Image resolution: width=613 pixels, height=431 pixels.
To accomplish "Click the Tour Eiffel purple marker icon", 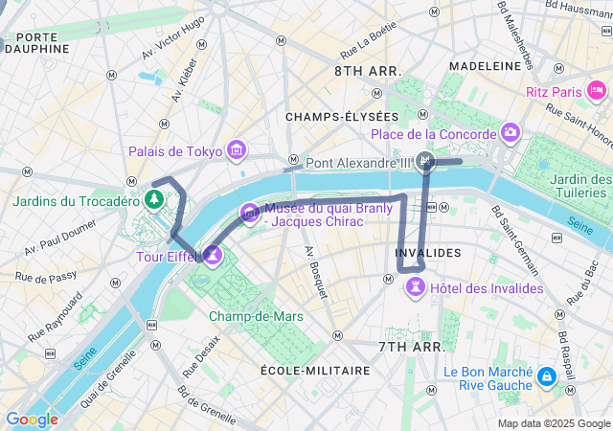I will tap(212, 255).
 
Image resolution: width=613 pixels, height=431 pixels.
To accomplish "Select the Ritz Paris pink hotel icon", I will tap(597, 91).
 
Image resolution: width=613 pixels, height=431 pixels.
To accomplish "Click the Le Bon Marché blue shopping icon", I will tap(546, 376).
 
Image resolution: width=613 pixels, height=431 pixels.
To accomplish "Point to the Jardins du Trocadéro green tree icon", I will tap(152, 198).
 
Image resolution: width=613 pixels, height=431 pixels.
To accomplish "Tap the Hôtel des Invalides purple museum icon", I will tap(416, 288).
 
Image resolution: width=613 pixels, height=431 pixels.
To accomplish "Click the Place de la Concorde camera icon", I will tap(510, 133).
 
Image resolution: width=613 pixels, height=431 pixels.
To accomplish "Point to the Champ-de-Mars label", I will tap(256, 316).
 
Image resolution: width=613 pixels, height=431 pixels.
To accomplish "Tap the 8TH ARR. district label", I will tap(367, 72).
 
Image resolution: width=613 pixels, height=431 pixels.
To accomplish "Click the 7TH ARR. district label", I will tap(411, 346).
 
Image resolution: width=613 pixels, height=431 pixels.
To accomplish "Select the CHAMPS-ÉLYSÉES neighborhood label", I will tap(335, 116).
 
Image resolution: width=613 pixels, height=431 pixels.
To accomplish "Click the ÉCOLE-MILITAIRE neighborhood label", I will tap(315, 370).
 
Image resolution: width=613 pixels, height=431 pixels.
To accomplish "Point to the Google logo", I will tap(32, 419).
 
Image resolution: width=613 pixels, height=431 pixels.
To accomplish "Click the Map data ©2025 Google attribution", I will tap(554, 423).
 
